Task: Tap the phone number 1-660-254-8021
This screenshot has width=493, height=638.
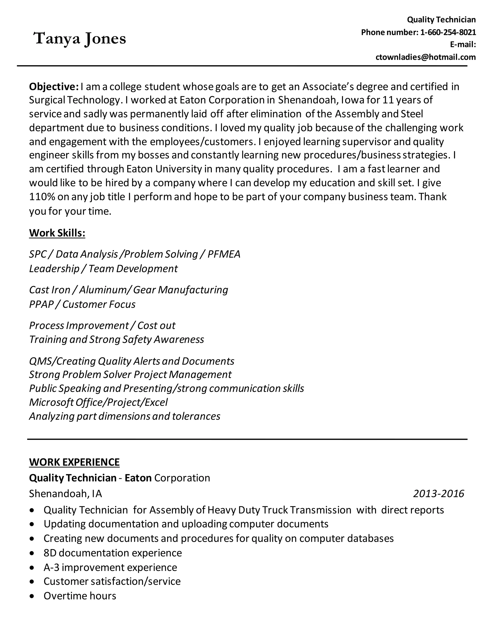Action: [448, 32]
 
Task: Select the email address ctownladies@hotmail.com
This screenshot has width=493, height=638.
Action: [426, 57]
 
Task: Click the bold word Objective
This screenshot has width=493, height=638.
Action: [53, 86]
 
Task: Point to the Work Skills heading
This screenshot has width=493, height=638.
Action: [57, 233]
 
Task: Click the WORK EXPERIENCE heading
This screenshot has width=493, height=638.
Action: [74, 462]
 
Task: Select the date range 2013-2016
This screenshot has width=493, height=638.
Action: [438, 494]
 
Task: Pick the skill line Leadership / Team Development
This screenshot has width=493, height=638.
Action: [103, 268]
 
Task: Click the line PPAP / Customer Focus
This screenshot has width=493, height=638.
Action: [82, 304]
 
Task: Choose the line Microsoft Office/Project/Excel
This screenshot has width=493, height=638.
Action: [98, 403]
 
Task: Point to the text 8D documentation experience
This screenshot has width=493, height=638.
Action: [112, 553]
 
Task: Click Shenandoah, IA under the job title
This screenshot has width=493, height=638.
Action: [65, 494]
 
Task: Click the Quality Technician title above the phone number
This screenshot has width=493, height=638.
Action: [441, 20]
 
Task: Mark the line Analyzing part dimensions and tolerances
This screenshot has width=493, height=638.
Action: [125, 416]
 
